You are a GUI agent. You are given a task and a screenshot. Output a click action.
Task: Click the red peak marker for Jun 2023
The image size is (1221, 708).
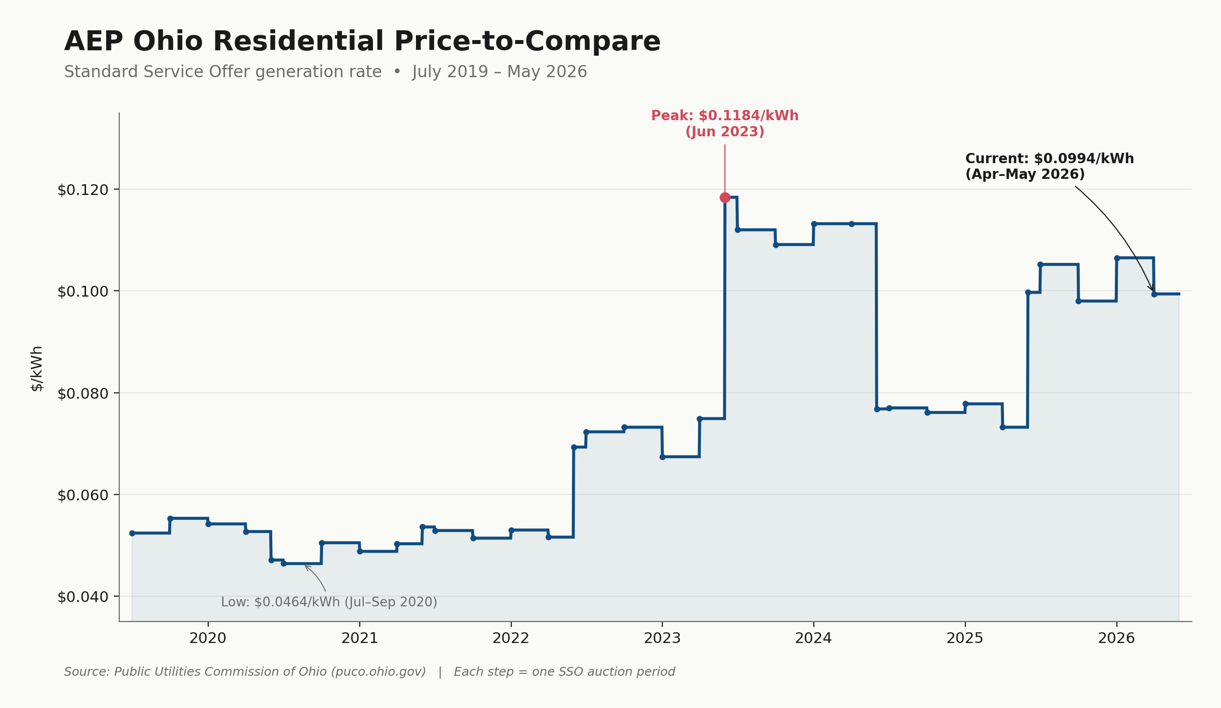[x=725, y=197]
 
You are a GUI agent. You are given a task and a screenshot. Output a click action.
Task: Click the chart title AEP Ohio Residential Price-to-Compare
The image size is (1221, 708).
[x=362, y=42]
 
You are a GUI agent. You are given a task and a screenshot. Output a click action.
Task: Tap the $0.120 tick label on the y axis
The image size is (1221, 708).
[x=83, y=190]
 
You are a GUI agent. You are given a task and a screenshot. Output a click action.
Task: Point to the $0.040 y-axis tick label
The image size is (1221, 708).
[x=83, y=597]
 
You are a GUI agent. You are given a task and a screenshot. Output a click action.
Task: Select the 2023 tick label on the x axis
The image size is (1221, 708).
[x=662, y=638]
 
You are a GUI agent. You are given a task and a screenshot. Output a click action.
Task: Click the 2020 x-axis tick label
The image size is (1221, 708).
[x=208, y=638]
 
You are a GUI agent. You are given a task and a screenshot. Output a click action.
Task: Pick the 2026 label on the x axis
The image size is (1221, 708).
[x=1116, y=638]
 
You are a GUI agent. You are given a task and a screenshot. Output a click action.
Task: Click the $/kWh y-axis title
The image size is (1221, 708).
[x=37, y=368]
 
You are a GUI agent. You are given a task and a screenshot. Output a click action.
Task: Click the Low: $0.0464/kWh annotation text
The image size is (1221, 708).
[x=329, y=602]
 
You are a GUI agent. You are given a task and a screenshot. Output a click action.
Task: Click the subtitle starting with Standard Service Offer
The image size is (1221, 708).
[x=326, y=72]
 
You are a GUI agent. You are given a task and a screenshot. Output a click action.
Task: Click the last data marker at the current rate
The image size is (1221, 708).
[x=1154, y=294]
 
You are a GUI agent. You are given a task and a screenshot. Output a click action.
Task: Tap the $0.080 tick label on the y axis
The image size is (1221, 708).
[x=83, y=393]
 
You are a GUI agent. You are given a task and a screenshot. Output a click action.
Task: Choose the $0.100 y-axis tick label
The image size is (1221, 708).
[x=83, y=292]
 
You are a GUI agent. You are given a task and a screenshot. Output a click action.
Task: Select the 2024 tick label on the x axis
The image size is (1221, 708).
[x=813, y=638]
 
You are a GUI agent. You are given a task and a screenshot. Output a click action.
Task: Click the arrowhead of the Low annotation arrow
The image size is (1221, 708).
[x=306, y=566]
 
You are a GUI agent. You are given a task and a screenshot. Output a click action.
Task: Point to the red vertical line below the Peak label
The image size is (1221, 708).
[x=725, y=169]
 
